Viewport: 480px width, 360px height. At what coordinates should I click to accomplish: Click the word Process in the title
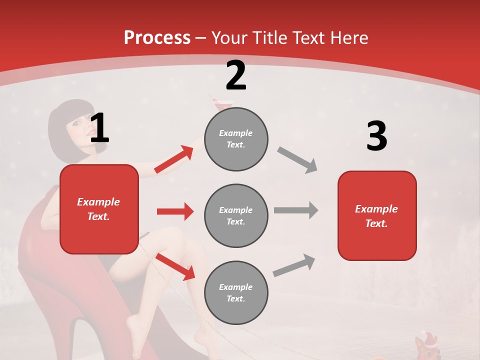coord(157,38)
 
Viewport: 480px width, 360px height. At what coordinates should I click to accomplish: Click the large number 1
coord(99,128)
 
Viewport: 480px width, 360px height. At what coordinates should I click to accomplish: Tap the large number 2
coord(236,75)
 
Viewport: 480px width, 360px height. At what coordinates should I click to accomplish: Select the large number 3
coord(376,136)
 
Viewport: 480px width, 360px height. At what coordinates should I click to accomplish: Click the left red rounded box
coord(99,209)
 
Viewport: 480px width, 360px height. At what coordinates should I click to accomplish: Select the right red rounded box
coord(377,215)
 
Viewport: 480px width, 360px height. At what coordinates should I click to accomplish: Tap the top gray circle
coord(236,139)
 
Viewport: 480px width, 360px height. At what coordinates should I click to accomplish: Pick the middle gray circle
coord(236,215)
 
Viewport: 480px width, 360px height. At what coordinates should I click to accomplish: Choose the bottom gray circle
coord(236,292)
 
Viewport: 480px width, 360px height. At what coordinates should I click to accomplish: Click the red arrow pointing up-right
coord(174,159)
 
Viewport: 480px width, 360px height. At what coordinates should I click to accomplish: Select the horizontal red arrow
coord(175,211)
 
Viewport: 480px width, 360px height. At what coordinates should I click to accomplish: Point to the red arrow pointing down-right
coord(175,266)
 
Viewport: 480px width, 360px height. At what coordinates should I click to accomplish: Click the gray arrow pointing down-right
coord(297,160)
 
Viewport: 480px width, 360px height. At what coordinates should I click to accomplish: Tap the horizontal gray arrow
coord(296,210)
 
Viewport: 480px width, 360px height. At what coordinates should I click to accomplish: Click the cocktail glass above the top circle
coord(223,104)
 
